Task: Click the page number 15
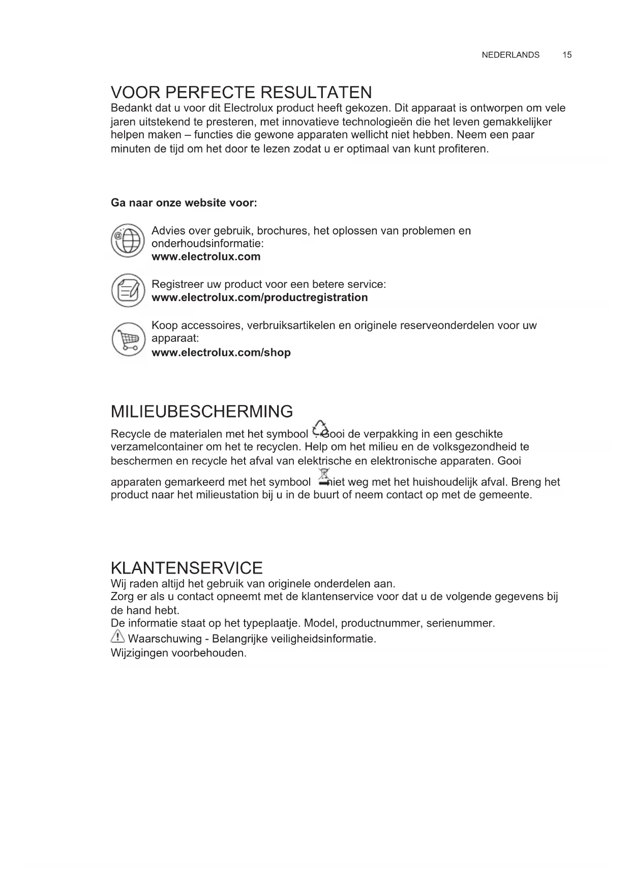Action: pyautogui.click(x=567, y=55)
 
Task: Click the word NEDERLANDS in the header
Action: pyautogui.click(x=510, y=55)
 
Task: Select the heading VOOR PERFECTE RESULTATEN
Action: pyautogui.click(x=242, y=93)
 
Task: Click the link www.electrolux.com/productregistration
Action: pyautogui.click(x=259, y=298)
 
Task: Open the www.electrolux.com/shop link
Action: pyautogui.click(x=221, y=352)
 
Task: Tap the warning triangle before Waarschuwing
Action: pyautogui.click(x=117, y=636)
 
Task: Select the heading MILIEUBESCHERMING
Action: pyautogui.click(x=202, y=411)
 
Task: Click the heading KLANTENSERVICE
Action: pyautogui.click(x=187, y=568)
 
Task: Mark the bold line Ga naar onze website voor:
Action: pyautogui.click(x=184, y=203)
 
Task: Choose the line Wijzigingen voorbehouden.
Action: pyautogui.click(x=178, y=653)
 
